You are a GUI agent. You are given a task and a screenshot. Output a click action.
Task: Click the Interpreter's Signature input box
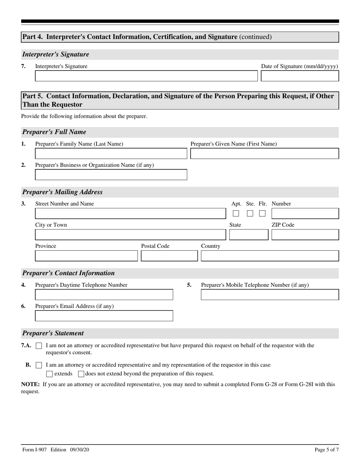146,76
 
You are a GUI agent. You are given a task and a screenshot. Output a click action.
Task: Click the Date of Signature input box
300,76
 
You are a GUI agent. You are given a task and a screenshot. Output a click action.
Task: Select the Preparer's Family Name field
111,153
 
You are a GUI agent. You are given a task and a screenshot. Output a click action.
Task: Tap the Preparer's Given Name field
264,153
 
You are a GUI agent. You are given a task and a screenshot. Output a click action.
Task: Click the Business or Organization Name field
111,175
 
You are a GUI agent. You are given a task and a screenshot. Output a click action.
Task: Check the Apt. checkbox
236,213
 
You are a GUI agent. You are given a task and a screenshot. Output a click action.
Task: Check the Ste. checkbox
250,213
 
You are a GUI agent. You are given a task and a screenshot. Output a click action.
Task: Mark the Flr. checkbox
262,213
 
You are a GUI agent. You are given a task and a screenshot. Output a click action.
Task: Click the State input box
249,235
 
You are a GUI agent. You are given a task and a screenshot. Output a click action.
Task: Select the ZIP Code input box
305,235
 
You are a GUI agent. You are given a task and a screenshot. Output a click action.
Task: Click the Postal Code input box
169,256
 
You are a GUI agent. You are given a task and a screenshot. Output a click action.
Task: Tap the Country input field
269,256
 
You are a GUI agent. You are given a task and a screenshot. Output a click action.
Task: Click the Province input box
86,256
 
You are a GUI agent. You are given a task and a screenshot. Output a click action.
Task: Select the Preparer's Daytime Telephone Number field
104,295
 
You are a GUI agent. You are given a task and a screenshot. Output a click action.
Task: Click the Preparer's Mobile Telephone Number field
269,295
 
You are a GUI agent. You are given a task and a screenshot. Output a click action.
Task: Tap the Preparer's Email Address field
104,316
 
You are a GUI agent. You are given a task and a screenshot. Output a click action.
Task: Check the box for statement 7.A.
39,346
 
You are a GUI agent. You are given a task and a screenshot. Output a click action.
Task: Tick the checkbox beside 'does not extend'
81,374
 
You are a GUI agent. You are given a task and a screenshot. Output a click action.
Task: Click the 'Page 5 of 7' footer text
327,450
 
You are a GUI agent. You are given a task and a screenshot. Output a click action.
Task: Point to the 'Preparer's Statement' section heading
53,333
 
